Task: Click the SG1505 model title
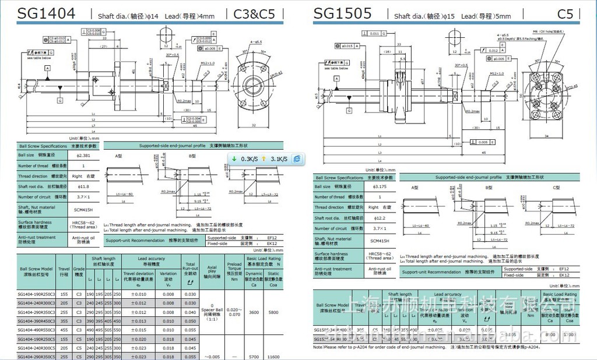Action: [x=342, y=13]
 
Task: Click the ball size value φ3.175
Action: [x=378, y=186]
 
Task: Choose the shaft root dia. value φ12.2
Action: [x=379, y=218]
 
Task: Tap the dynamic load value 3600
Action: [x=254, y=312]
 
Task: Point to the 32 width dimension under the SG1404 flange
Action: [x=253, y=125]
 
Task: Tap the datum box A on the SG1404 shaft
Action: [x=48, y=68]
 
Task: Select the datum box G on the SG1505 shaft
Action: [x=349, y=110]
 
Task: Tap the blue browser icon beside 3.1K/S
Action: [x=297, y=158]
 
